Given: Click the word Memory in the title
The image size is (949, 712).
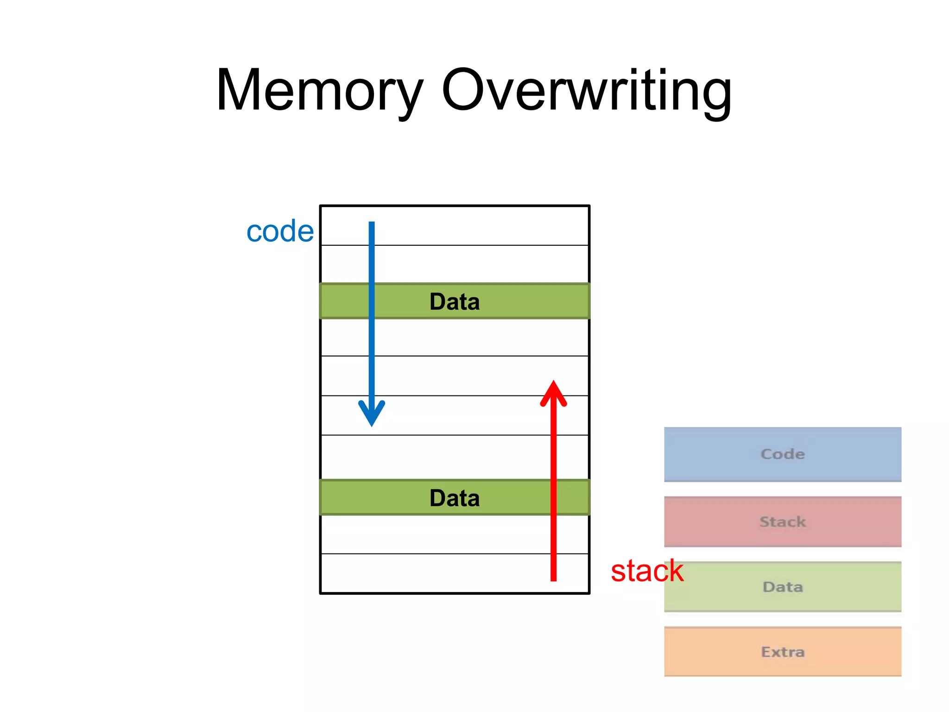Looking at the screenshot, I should tap(320, 90).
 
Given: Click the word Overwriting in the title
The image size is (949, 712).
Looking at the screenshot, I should tap(587, 90).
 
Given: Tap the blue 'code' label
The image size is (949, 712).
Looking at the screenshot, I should tap(280, 231).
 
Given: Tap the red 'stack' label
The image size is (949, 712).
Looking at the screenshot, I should tap(647, 571).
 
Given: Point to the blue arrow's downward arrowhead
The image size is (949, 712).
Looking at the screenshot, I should tap(372, 413).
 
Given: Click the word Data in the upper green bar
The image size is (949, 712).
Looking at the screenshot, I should tap(455, 302).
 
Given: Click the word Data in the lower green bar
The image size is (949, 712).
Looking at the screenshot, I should tap(455, 498).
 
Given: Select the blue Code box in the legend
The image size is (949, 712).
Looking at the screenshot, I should tap(782, 454).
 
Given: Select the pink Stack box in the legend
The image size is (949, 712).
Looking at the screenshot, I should tap(782, 521).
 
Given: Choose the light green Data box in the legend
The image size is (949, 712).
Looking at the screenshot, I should tap(782, 587).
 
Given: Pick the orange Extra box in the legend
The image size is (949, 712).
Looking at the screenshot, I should tap(782, 652).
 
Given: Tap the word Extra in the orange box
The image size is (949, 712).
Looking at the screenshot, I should tap(783, 652).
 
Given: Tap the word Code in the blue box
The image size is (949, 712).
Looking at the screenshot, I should tap(783, 454).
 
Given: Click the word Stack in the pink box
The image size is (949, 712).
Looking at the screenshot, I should tap(783, 522).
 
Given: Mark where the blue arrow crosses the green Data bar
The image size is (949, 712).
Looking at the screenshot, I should tap(372, 301).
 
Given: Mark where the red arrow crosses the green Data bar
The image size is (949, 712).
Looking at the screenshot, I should tap(553, 498).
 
